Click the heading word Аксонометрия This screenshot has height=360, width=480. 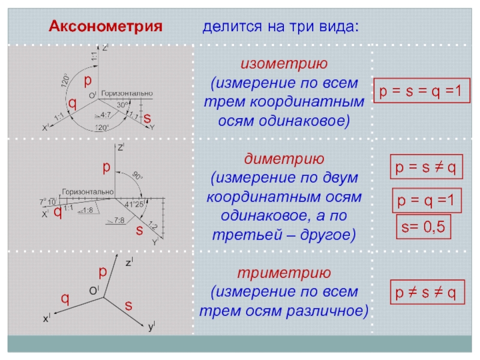click(x=106, y=27)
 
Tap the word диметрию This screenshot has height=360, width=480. click(x=284, y=160)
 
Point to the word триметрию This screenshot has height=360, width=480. click(x=284, y=273)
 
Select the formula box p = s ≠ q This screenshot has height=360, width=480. click(x=425, y=169)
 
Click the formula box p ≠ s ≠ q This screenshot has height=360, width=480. click(x=425, y=293)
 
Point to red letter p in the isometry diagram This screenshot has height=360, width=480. click(x=88, y=80)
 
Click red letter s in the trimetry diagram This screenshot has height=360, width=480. click(x=128, y=305)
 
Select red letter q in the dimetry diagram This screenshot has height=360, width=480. click(x=57, y=212)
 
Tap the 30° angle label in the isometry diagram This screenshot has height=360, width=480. click(x=122, y=104)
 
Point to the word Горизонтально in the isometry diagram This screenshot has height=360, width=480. click(x=126, y=94)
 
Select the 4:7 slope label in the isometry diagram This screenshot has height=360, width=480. click(x=104, y=114)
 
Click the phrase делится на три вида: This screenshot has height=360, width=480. click(x=281, y=27)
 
